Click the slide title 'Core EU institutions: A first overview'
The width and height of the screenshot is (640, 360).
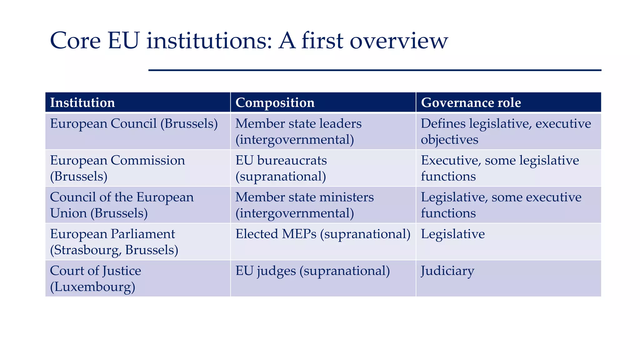[x=249, y=41]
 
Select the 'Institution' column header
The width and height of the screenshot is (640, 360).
[x=82, y=103]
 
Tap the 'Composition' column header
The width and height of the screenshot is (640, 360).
[x=275, y=103]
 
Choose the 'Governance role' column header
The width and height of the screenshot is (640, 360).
[x=471, y=103]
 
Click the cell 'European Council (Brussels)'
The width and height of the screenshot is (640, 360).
[x=134, y=124]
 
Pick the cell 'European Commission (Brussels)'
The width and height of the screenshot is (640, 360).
[x=117, y=168]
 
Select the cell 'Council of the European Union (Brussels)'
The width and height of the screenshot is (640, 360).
[x=122, y=205]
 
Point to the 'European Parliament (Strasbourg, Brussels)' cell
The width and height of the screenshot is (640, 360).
[x=114, y=242]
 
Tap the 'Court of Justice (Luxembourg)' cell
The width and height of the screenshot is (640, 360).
[x=95, y=278]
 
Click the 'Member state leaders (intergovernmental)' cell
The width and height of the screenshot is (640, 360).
[x=298, y=132]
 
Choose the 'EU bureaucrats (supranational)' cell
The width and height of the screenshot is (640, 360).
[x=281, y=168]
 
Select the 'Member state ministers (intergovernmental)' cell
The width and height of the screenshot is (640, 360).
[x=305, y=205]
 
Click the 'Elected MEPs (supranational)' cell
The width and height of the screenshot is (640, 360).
[x=323, y=234]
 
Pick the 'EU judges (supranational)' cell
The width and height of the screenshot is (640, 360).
[x=312, y=271]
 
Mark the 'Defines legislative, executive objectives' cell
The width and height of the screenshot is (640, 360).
[x=506, y=132]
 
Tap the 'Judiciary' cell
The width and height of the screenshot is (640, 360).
[x=447, y=271]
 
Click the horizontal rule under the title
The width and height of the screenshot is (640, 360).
[x=375, y=70]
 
